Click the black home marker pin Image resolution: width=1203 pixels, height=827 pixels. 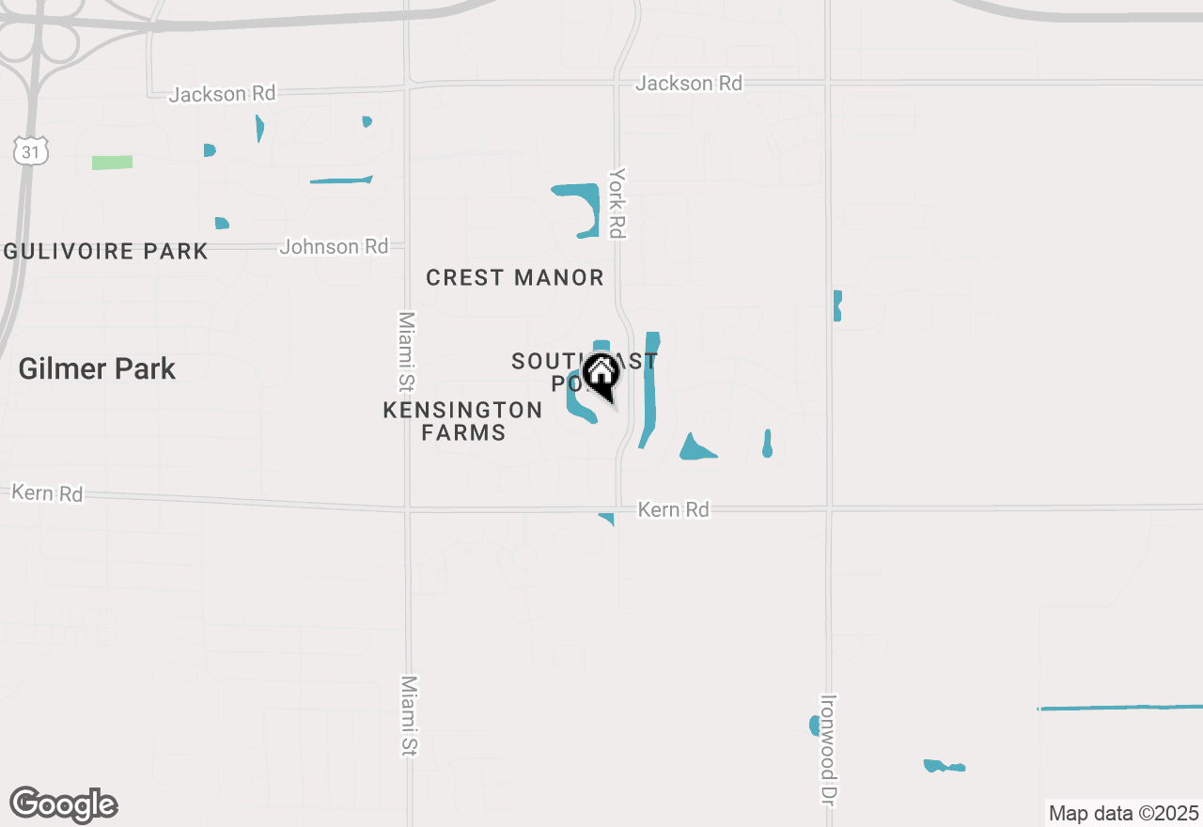click(601, 377)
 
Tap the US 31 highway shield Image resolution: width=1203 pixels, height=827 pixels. click(30, 149)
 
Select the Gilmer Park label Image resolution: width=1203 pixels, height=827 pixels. click(97, 368)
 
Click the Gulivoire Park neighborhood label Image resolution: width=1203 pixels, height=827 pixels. click(105, 252)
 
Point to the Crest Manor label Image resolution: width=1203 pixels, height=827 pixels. click(515, 278)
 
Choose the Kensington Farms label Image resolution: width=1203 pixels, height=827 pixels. click(463, 421)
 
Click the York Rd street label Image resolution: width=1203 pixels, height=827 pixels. click(617, 203)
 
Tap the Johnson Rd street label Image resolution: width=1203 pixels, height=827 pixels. click(334, 246)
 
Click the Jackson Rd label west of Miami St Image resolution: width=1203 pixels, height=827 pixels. click(222, 94)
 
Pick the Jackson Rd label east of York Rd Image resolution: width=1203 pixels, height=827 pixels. click(689, 84)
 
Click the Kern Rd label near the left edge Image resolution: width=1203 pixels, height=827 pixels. click(47, 492)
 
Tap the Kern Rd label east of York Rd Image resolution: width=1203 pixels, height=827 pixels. click(673, 509)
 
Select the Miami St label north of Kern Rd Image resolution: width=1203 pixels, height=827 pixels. click(406, 351)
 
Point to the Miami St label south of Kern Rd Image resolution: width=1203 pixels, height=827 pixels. click(409, 715)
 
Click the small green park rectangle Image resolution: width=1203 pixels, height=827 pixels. click(112, 163)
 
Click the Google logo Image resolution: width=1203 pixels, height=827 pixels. click(63, 805)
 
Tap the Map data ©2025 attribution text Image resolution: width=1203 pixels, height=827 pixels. click(1123, 813)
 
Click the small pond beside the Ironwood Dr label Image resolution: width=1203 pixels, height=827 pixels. click(814, 725)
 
